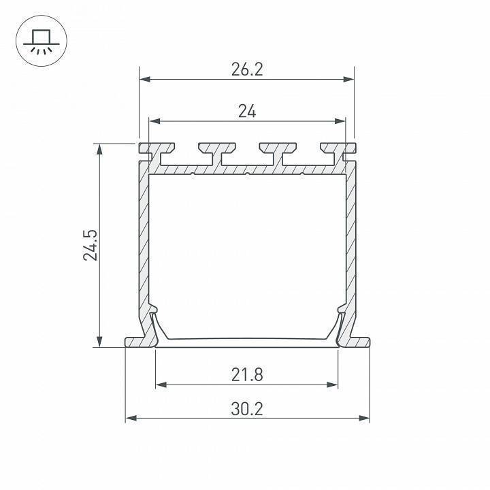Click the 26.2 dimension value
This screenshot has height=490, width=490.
tap(246, 70)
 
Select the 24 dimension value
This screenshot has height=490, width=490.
tap(247, 112)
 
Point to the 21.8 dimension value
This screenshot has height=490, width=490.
tap(246, 374)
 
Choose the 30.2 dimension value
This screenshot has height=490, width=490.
tap(246, 409)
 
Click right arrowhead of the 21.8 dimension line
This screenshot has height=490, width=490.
tap(333, 385)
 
